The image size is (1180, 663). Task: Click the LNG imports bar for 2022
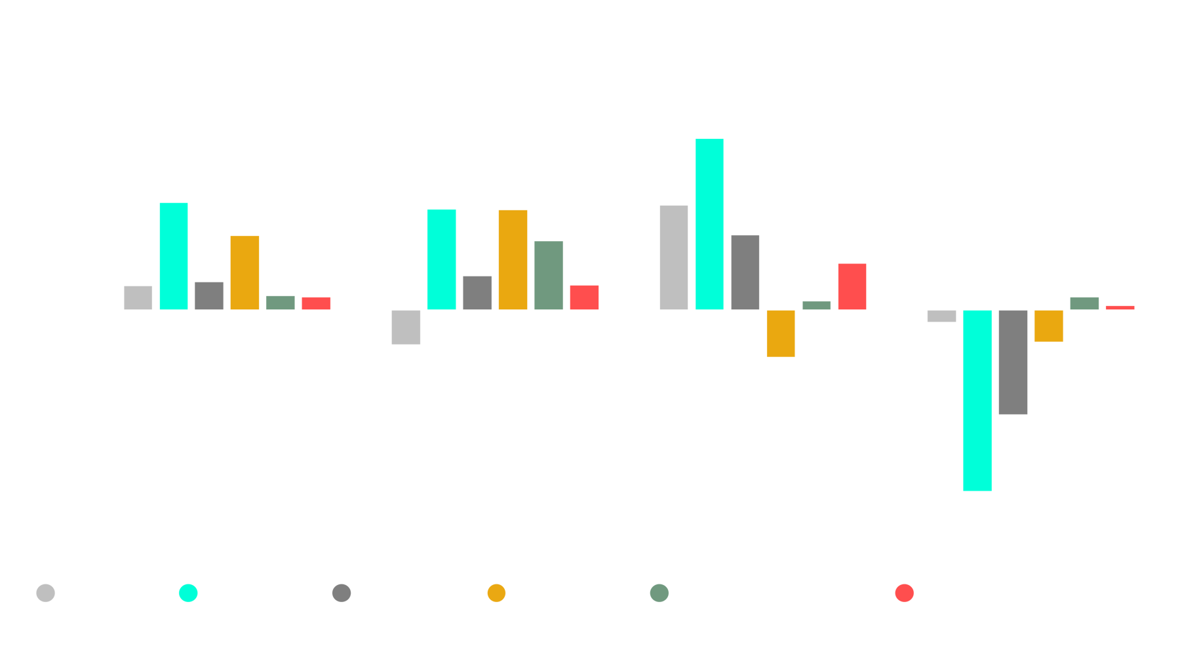pos(977,400)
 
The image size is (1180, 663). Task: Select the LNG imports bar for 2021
pos(709,223)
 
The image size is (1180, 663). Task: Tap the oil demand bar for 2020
pos(406,327)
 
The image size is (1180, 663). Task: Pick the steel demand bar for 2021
pos(781,333)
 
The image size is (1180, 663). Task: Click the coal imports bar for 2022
pos(1013,362)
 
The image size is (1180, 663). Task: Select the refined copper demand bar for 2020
pos(548,274)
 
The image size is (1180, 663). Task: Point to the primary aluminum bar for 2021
pos(852,286)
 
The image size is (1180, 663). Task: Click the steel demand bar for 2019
pos(245,271)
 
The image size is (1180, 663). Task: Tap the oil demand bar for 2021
pos(674,256)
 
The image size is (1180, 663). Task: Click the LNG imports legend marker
pos(188,593)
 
